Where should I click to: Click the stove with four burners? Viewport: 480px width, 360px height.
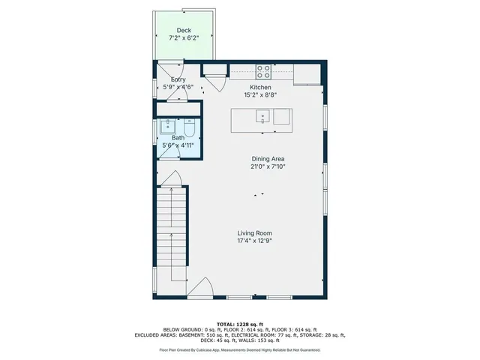click(264, 72)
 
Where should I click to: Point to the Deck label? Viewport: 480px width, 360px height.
click(184, 30)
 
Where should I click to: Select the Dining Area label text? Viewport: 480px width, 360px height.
click(268, 158)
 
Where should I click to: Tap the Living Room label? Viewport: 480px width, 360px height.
click(259, 233)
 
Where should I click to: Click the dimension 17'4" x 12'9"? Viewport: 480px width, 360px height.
click(259, 241)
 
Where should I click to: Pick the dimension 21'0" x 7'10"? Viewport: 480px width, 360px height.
click(268, 166)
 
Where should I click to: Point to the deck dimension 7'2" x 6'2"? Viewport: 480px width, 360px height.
click(184, 37)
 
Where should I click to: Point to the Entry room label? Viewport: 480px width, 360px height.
click(178, 79)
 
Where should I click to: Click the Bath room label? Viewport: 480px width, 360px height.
click(178, 137)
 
